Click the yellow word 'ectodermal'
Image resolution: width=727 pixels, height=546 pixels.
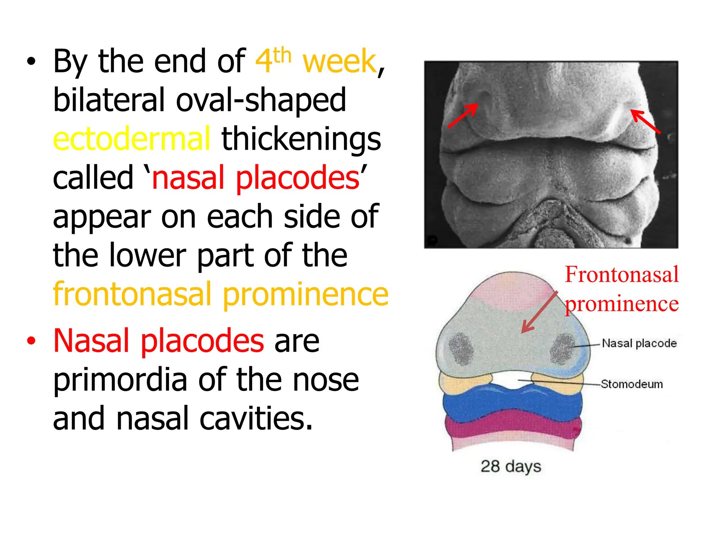[x=131, y=139]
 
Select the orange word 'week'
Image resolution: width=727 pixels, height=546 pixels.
[x=339, y=61]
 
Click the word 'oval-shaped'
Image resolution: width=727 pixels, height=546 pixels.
[x=261, y=101]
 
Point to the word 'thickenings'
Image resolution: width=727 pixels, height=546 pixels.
[x=301, y=139]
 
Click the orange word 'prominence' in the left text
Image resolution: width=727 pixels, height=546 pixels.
[x=306, y=294]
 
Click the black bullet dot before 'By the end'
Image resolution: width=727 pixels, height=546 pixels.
[x=31, y=61]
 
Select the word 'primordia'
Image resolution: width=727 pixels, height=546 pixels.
[x=120, y=380]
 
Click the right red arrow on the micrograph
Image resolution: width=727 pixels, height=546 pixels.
[x=645, y=122]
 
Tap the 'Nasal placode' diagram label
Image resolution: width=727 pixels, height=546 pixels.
[x=639, y=343]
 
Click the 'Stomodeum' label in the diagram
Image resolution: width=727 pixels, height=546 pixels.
[x=632, y=384]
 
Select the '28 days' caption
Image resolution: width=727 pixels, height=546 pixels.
[x=510, y=466]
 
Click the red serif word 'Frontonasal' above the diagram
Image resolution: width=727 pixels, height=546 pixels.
[x=622, y=274]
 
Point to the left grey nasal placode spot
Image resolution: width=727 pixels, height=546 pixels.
[x=461, y=349]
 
